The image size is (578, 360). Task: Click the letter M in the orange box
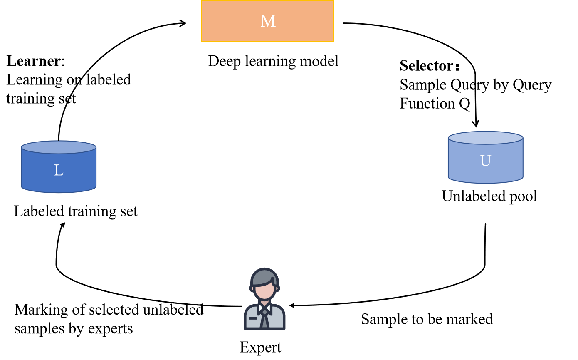click(268, 21)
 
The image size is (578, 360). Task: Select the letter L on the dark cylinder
click(58, 170)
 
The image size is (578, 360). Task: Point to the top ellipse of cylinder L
click(59, 147)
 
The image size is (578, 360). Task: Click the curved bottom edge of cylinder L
click(59, 192)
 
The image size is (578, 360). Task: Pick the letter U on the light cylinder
click(485, 161)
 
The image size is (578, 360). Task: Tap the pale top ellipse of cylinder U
click(485, 138)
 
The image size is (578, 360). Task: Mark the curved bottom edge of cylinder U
click(485, 182)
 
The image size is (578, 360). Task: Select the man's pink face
click(265, 291)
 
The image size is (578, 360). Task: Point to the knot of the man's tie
click(264, 312)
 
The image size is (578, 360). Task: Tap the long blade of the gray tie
click(264, 322)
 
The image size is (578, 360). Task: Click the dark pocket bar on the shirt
click(253, 318)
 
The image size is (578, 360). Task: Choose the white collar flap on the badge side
click(261, 308)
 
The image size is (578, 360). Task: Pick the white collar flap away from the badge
click(269, 308)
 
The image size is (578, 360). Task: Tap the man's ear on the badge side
click(252, 288)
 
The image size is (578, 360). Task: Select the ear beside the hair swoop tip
click(278, 288)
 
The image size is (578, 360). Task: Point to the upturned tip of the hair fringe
click(273, 280)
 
